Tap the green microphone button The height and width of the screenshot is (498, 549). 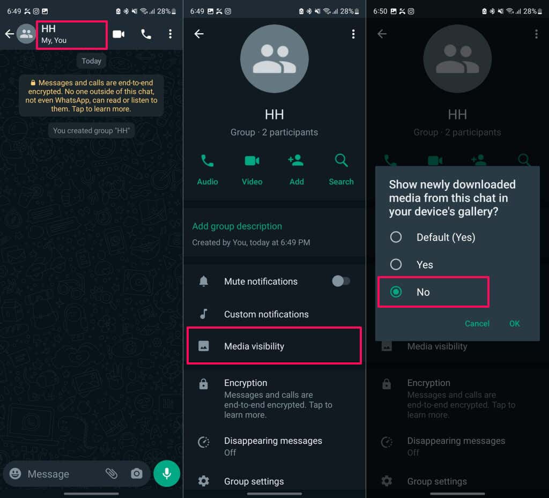pos(167,473)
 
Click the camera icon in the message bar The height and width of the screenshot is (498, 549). pos(137,473)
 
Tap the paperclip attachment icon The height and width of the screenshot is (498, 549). pos(112,473)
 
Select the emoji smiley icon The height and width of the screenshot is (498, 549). pos(15,473)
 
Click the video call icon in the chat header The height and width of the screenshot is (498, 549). pos(118,34)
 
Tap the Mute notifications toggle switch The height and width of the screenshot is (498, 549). pos(341,281)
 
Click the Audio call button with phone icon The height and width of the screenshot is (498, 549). pos(207,161)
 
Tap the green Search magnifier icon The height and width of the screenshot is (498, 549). pos(342,161)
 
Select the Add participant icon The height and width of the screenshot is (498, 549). pos(296,160)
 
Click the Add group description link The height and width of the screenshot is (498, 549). pos(237,226)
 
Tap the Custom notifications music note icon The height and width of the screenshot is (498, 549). pos(203,314)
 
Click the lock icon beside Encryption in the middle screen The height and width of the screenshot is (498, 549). pos(203,384)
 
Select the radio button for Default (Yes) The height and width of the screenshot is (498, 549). pos(396,237)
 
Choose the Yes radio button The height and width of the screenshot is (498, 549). pos(396,264)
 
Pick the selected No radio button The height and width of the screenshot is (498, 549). pos(396,292)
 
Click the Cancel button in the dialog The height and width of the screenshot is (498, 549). pos(477,324)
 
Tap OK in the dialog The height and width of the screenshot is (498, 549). pos(514,324)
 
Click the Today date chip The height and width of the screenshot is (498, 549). pos(91,61)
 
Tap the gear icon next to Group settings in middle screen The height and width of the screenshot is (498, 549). pos(203,481)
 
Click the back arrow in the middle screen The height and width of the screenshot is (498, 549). pos(199,34)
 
